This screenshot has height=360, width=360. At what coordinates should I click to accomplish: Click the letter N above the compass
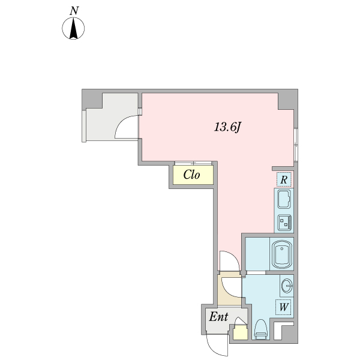click(74, 10)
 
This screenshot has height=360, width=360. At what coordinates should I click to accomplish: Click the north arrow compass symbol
click(74, 29)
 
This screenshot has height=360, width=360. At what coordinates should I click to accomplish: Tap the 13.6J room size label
click(228, 127)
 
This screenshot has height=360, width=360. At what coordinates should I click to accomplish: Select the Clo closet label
click(191, 175)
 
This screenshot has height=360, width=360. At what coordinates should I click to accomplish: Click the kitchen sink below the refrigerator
click(284, 199)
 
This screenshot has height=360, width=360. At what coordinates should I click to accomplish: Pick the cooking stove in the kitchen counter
click(284, 222)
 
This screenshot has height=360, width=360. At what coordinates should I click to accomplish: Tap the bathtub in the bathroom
click(281, 254)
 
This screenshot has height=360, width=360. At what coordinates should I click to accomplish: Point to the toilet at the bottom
click(260, 329)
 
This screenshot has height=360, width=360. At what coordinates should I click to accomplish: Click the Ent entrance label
click(218, 317)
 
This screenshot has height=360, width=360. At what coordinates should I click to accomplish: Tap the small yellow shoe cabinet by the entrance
click(240, 332)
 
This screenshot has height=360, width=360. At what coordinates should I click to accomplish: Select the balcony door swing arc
click(126, 126)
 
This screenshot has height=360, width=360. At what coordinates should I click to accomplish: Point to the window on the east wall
click(296, 145)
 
